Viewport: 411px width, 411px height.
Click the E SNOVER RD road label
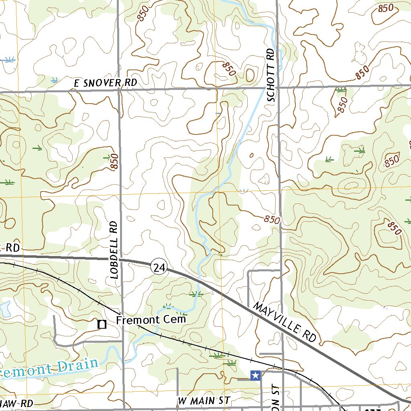pyautogui.click(x=106, y=83)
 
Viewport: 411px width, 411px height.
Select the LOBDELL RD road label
pyautogui.click(x=114, y=249)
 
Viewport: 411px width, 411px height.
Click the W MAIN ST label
pyautogui.click(x=204, y=401)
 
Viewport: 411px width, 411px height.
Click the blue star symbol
pyautogui.click(x=255, y=375)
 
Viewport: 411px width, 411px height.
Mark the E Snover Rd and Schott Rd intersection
pyautogui.click(x=277, y=87)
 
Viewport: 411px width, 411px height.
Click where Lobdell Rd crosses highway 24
pyautogui.click(x=121, y=260)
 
